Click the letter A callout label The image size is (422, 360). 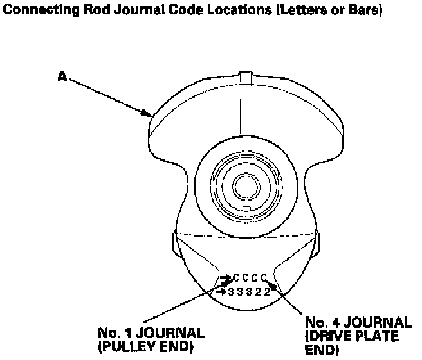(x=62, y=76)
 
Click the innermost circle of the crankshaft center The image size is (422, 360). (x=244, y=185)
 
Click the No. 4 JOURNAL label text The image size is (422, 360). (x=358, y=322)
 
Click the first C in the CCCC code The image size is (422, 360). (x=237, y=278)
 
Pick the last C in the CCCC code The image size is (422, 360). (x=264, y=278)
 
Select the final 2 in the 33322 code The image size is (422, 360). (x=267, y=291)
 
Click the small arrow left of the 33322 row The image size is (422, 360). (x=222, y=291)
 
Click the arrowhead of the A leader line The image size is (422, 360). (x=149, y=115)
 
